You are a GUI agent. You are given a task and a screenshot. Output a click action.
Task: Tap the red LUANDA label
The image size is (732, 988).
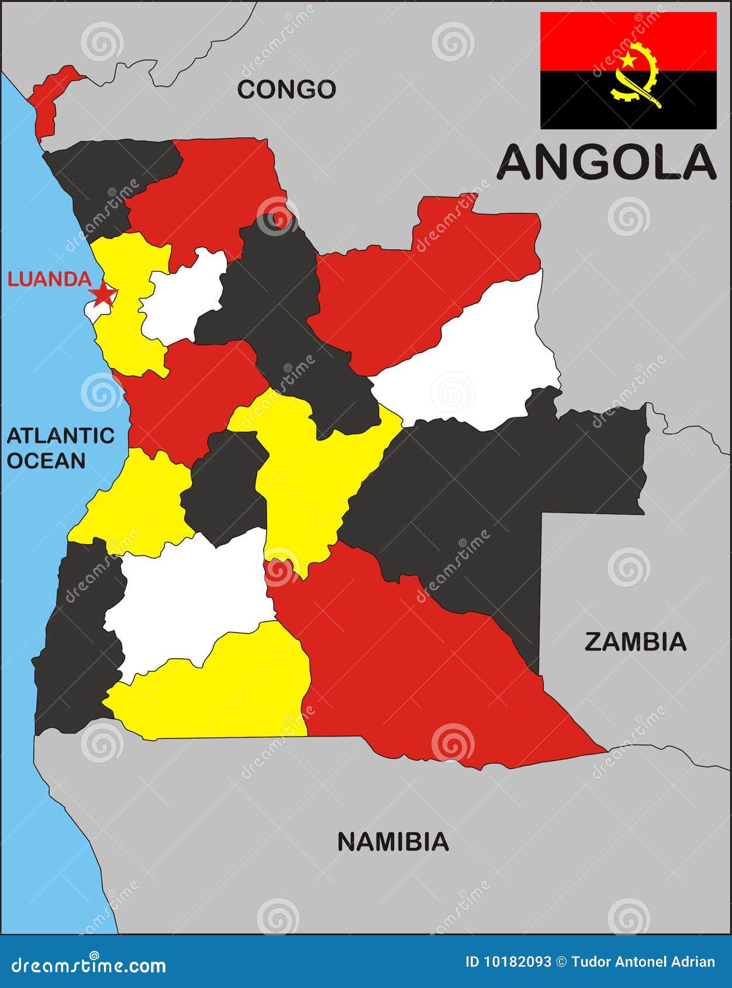(49, 279)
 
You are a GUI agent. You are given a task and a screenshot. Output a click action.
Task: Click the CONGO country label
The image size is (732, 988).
(286, 89)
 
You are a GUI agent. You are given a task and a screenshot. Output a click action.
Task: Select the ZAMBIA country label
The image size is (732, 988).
(635, 642)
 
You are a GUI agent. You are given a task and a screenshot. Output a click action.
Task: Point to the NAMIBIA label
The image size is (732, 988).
(393, 842)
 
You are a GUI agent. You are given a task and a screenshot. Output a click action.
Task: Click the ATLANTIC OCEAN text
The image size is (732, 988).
(60, 448)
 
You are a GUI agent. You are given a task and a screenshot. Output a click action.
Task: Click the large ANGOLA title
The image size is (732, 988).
(606, 163)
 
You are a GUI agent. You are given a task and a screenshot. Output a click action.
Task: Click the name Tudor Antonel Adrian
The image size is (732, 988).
(643, 962)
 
